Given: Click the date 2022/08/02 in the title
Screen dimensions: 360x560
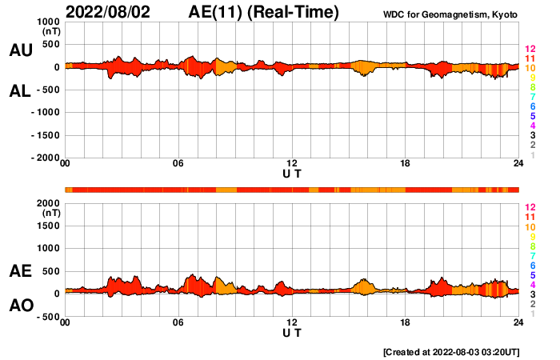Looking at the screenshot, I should point(108,12).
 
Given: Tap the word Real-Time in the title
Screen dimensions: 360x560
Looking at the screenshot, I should point(296,12).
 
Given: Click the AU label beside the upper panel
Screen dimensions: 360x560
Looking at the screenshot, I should point(21,50).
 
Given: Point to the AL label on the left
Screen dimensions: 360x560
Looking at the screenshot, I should point(21,91).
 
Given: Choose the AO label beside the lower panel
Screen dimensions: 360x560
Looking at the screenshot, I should point(21,306).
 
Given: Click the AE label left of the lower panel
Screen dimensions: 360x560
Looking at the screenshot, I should point(21,271).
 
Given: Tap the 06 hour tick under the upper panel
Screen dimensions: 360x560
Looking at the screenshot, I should point(178,164).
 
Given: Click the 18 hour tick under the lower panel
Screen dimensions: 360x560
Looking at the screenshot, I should point(406,323).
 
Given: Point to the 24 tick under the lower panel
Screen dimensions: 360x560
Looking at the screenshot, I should point(518,323).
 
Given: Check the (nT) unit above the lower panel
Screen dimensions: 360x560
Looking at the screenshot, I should point(50,214).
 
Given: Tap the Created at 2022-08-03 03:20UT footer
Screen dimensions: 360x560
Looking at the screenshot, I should point(462,351).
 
